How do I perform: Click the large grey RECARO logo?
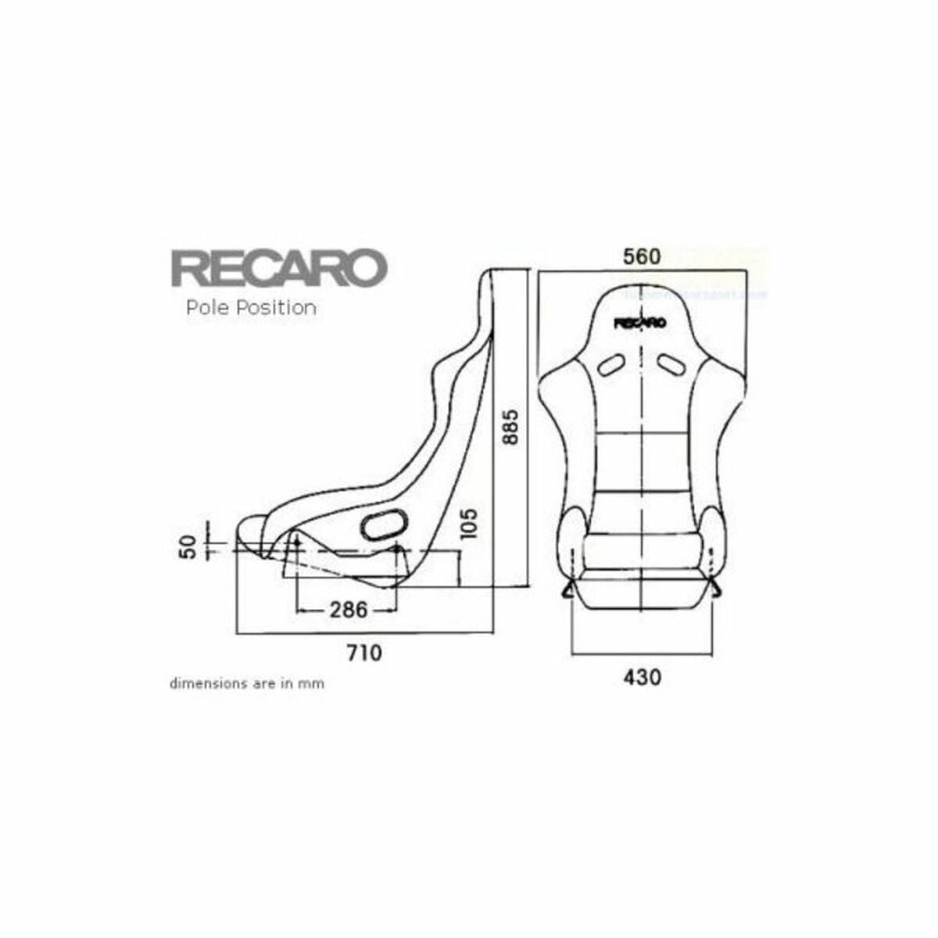point(279,268)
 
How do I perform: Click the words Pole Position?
point(251,308)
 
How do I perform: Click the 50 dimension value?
point(186,547)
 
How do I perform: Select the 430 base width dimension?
point(641,676)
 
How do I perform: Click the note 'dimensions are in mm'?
point(247,683)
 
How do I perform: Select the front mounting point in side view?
point(296,541)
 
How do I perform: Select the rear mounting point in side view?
point(397,550)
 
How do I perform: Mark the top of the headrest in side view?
point(491,274)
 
